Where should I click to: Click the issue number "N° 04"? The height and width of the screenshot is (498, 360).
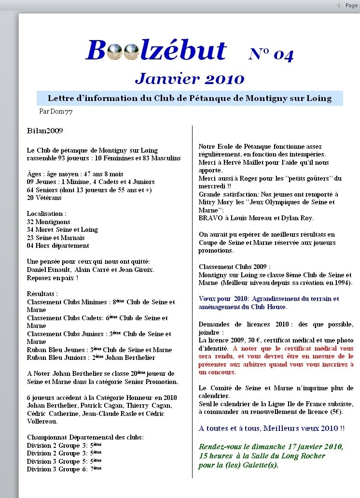[x=271, y=54]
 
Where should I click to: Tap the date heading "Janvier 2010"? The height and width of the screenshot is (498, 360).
[x=190, y=78]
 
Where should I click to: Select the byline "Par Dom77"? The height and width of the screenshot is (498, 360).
[x=55, y=111]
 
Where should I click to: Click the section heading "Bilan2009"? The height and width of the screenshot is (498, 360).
[x=45, y=130]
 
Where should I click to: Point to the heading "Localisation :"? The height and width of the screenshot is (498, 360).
[x=47, y=213]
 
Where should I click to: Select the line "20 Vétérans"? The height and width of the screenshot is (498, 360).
[x=44, y=198]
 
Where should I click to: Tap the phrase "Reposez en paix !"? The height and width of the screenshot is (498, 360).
[x=53, y=278]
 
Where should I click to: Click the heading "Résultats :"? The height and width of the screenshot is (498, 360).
[x=42, y=294]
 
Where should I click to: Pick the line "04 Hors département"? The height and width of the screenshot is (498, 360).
[x=58, y=245]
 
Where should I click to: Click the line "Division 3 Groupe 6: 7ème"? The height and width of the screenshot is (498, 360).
[x=64, y=469]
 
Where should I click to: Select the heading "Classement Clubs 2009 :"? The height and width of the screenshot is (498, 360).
[x=235, y=267]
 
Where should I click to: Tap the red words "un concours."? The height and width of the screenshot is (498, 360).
[x=217, y=372]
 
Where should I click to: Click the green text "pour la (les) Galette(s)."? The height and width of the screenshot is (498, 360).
[x=238, y=465]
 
